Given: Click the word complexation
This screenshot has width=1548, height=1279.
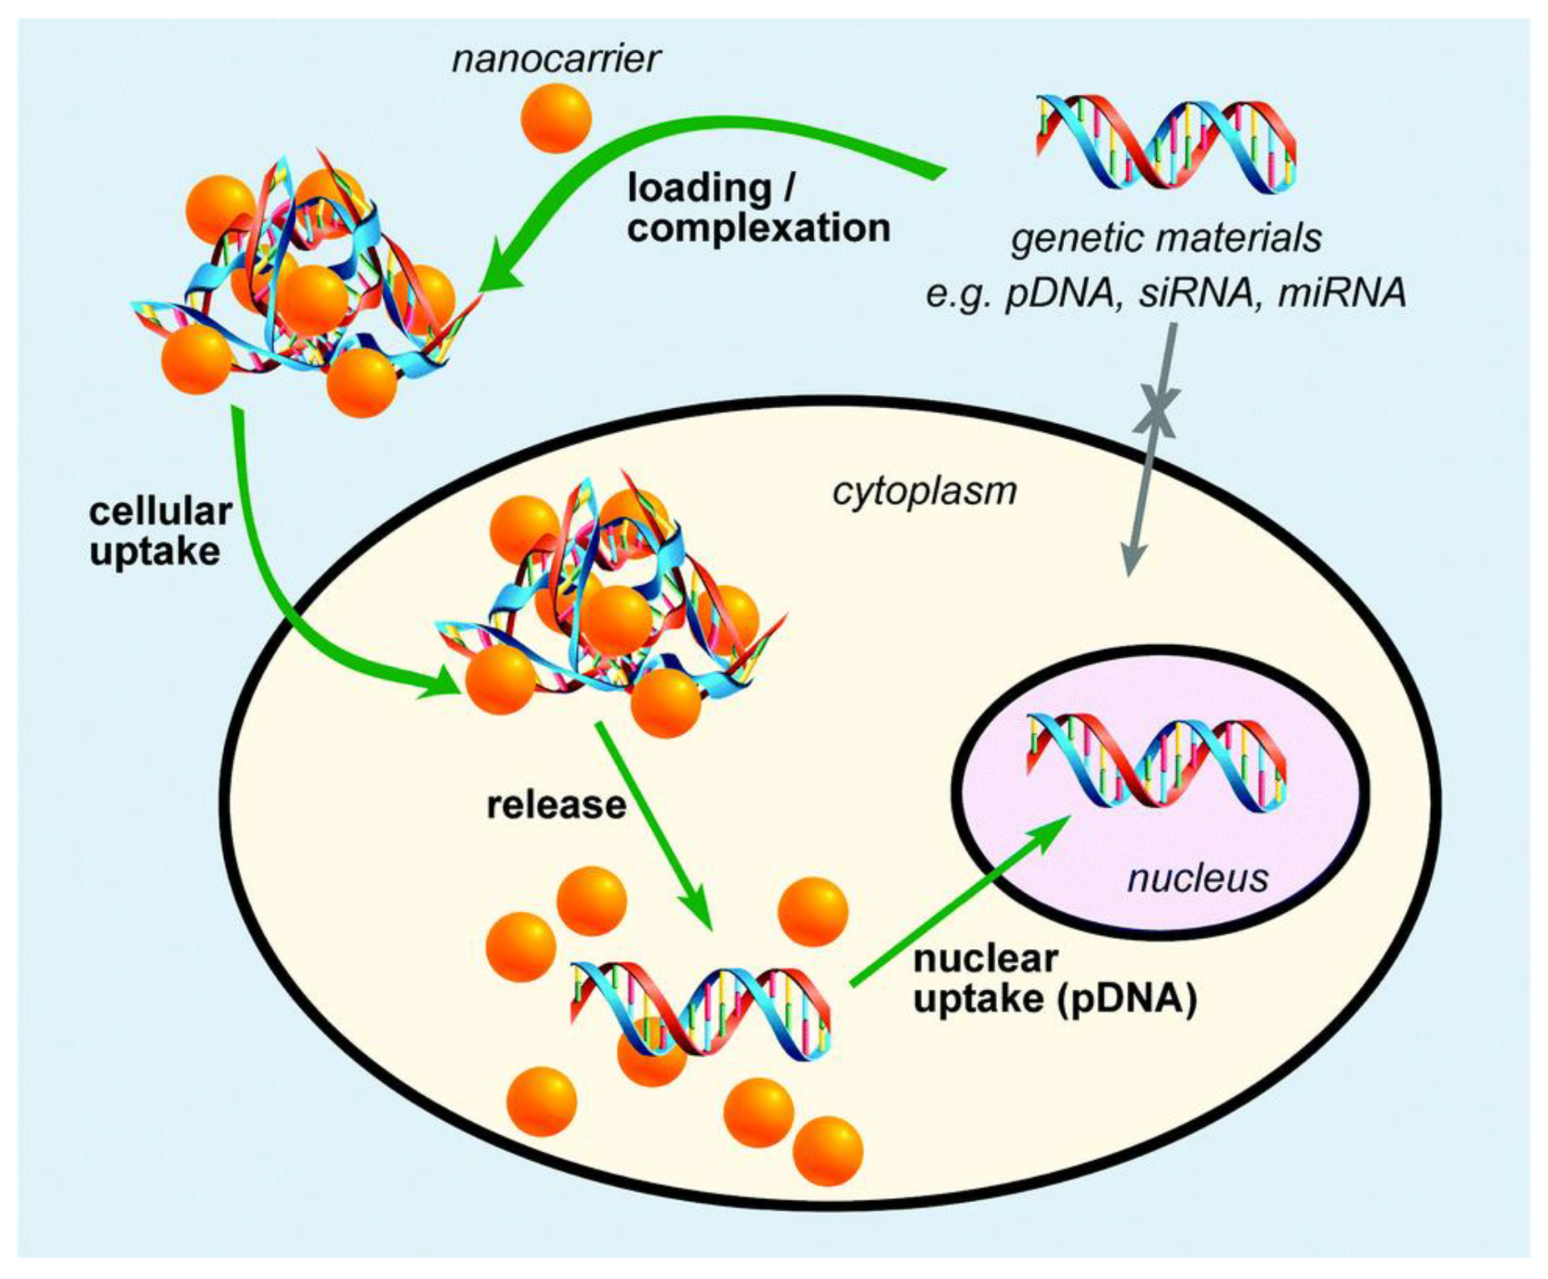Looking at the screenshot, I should pos(759,228).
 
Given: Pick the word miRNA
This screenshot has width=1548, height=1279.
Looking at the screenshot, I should pos(1342,293).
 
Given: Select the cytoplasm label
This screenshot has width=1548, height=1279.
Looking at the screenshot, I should pos(924,491).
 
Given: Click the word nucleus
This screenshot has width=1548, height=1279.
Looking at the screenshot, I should pos(1197,878).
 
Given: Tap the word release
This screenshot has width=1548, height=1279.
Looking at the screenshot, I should pos(557,806).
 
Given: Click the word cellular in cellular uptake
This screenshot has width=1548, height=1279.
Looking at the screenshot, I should pos(160,511).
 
